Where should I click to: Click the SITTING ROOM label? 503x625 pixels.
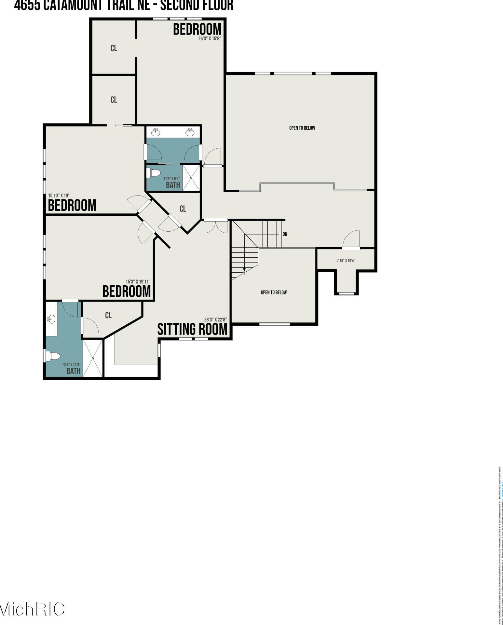coord(192,329)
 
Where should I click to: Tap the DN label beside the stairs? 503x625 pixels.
coord(285,234)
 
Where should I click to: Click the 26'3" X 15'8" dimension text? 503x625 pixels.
coord(210,38)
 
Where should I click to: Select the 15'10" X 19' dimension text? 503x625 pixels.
coord(59,196)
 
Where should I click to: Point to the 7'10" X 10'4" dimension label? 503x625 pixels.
coord(346,260)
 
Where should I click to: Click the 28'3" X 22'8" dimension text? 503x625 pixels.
coord(215,319)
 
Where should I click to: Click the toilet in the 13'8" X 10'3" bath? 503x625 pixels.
coord(53,356)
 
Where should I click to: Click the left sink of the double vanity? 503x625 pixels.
coord(156,132)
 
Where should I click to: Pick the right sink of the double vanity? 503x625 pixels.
coord(190,132)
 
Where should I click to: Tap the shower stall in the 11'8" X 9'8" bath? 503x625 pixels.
coord(191,178)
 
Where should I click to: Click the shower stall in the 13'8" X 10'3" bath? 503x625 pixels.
coord(93,358)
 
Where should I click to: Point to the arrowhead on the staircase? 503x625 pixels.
coord(244,270)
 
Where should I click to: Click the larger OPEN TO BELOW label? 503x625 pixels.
coord(302,128)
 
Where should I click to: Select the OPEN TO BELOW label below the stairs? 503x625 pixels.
coord(274,292)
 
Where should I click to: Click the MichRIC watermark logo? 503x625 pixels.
coord(33,609)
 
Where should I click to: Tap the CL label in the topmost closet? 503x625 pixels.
coord(114,48)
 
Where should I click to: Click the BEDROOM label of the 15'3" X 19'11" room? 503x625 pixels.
coord(127,291)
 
